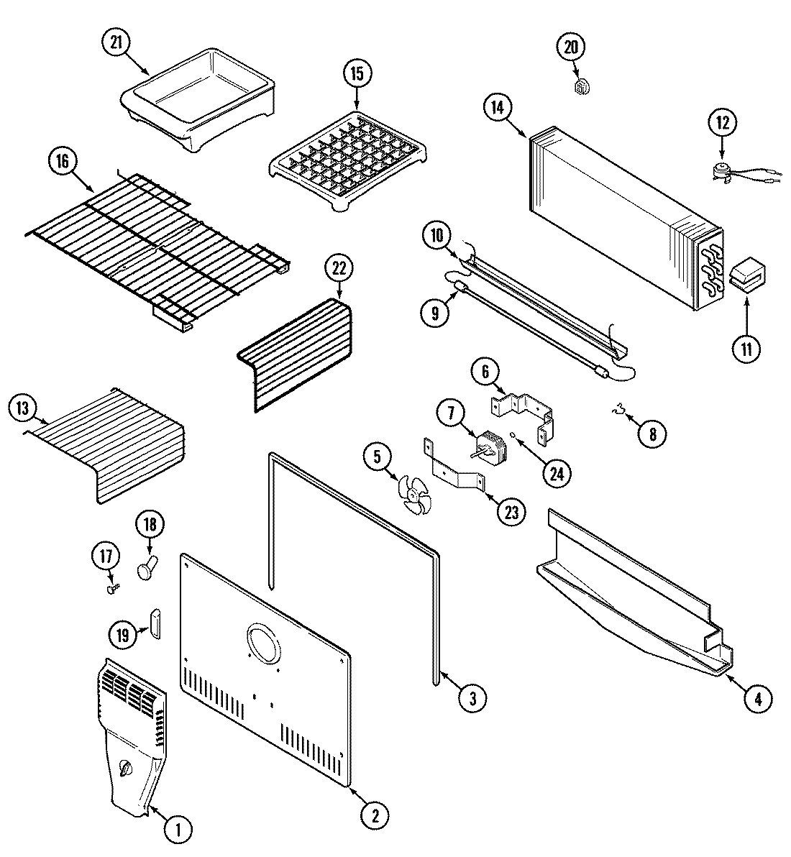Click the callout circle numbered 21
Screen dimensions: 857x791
pos(116,42)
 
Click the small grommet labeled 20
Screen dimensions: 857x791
pos(582,87)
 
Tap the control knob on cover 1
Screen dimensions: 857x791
pos(127,769)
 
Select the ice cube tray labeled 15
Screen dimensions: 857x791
pos(347,150)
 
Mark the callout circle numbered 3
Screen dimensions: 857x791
pos(471,697)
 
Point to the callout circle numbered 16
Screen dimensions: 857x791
pos(63,162)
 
